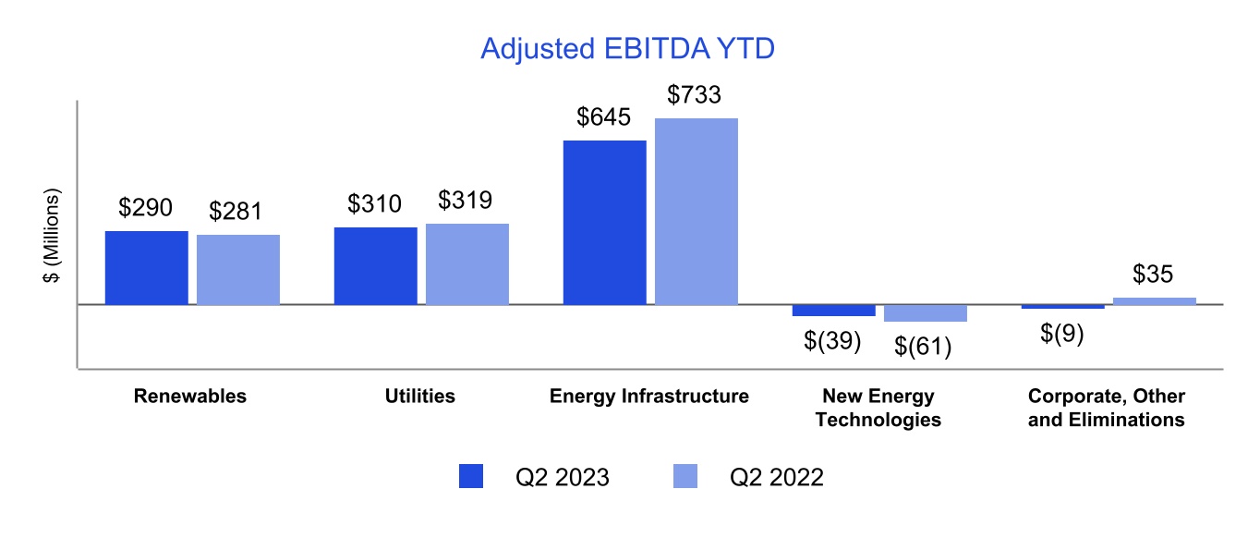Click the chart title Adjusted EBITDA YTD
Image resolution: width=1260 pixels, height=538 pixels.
click(626, 49)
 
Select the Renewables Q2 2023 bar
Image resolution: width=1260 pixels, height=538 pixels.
click(146, 267)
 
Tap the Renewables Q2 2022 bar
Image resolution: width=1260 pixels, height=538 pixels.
click(238, 269)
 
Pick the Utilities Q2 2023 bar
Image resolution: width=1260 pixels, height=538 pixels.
click(375, 265)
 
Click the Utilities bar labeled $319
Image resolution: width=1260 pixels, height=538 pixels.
click(467, 263)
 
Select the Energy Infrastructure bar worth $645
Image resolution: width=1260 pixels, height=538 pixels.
click(604, 222)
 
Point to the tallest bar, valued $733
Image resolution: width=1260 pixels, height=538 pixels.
click(697, 211)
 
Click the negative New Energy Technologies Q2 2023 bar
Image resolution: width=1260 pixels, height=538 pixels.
click(833, 311)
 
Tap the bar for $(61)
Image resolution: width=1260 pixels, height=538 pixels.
click(925, 313)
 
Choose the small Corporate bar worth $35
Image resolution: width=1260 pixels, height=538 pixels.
click(1154, 300)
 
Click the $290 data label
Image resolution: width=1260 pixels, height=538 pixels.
click(146, 208)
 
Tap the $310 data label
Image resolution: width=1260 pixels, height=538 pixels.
click(375, 203)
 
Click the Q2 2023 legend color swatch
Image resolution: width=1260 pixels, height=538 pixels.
click(471, 476)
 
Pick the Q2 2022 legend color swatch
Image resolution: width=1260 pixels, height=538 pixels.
click(685, 476)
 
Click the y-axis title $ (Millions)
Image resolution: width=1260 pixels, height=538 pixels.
click(53, 237)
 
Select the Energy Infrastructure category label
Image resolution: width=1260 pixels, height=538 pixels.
click(649, 397)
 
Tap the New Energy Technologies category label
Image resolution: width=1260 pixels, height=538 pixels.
click(878, 408)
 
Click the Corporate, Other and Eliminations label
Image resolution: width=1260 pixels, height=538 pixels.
click(1107, 408)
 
